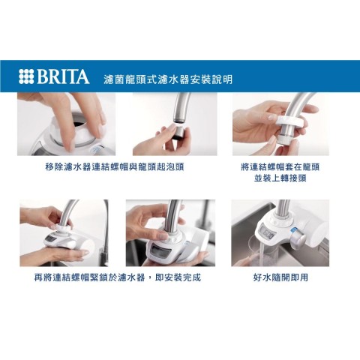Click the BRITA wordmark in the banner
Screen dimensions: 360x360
[63, 76]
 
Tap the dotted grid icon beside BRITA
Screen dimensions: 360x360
[26, 76]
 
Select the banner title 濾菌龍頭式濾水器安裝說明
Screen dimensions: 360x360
[168, 79]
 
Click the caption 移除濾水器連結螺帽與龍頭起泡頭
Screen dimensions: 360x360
[115, 166]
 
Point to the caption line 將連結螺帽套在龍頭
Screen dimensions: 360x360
[280, 166]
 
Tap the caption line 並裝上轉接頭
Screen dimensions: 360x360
[280, 178]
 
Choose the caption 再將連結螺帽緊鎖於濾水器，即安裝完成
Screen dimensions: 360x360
[118, 277]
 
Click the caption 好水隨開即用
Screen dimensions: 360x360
[280, 277]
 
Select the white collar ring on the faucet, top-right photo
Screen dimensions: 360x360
[291, 122]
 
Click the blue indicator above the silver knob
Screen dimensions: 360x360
[294, 229]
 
